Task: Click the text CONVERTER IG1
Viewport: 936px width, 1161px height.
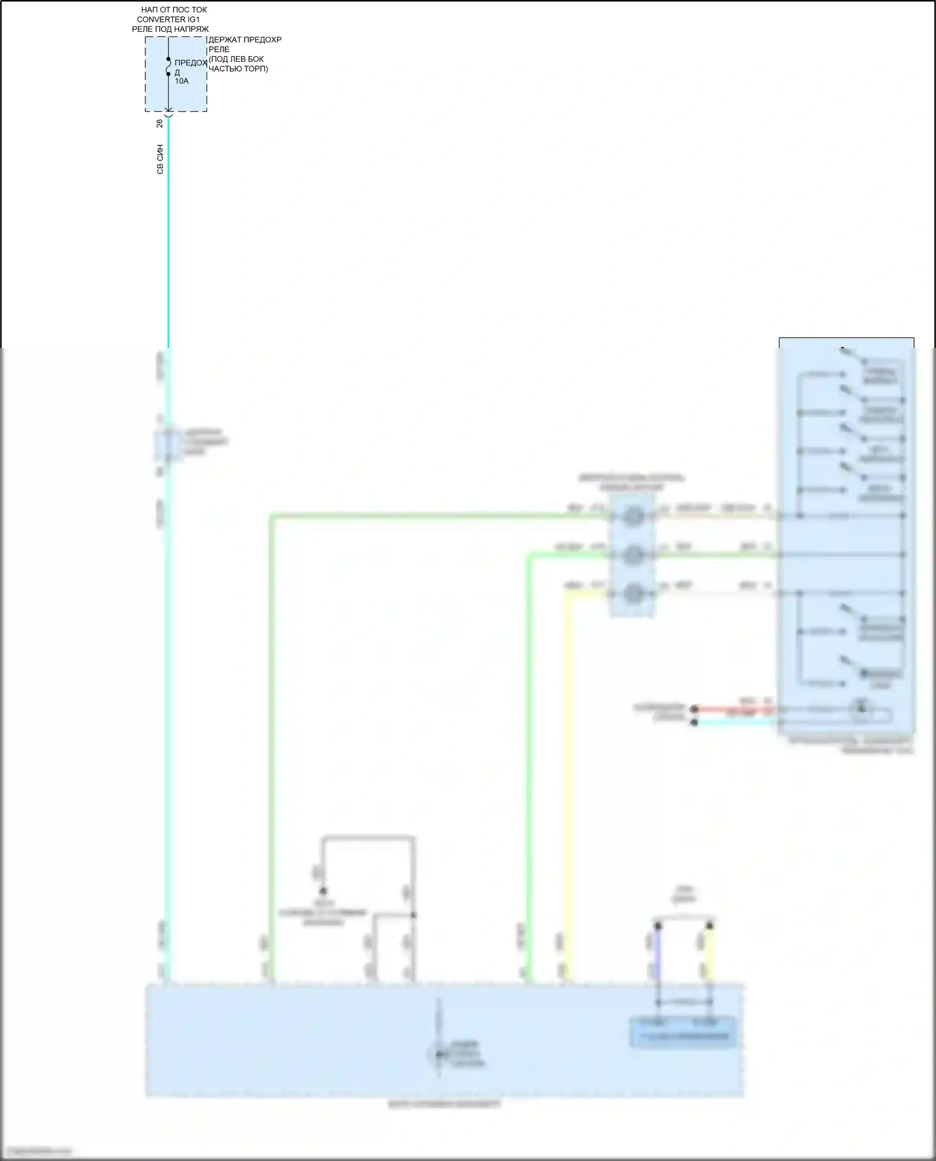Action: tap(168, 19)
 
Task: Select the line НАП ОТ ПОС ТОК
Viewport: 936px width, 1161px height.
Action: tap(173, 10)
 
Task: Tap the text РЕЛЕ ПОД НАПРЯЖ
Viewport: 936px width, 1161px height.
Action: tap(170, 29)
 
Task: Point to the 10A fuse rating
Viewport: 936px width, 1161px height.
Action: tap(182, 81)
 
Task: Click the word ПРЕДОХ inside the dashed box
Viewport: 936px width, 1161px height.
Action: tap(190, 63)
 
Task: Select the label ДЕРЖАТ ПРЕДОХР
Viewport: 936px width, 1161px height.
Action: tap(245, 40)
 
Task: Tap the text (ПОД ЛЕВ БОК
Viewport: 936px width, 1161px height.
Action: tap(236, 59)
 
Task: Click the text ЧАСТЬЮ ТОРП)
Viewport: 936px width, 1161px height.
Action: tap(238, 69)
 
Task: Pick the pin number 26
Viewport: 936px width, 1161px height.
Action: tap(160, 124)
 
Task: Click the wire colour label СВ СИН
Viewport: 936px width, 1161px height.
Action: tap(160, 159)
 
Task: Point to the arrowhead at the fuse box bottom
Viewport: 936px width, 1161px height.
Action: tap(168, 110)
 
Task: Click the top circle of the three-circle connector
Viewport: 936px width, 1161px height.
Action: tap(633, 516)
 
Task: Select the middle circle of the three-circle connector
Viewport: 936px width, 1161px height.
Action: tap(633, 555)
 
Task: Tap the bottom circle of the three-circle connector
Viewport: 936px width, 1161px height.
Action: tap(633, 593)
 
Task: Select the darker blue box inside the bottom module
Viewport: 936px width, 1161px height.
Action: tap(683, 1032)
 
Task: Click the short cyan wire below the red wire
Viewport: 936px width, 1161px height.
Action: tap(736, 722)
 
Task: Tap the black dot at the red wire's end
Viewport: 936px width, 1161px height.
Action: tap(695, 709)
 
